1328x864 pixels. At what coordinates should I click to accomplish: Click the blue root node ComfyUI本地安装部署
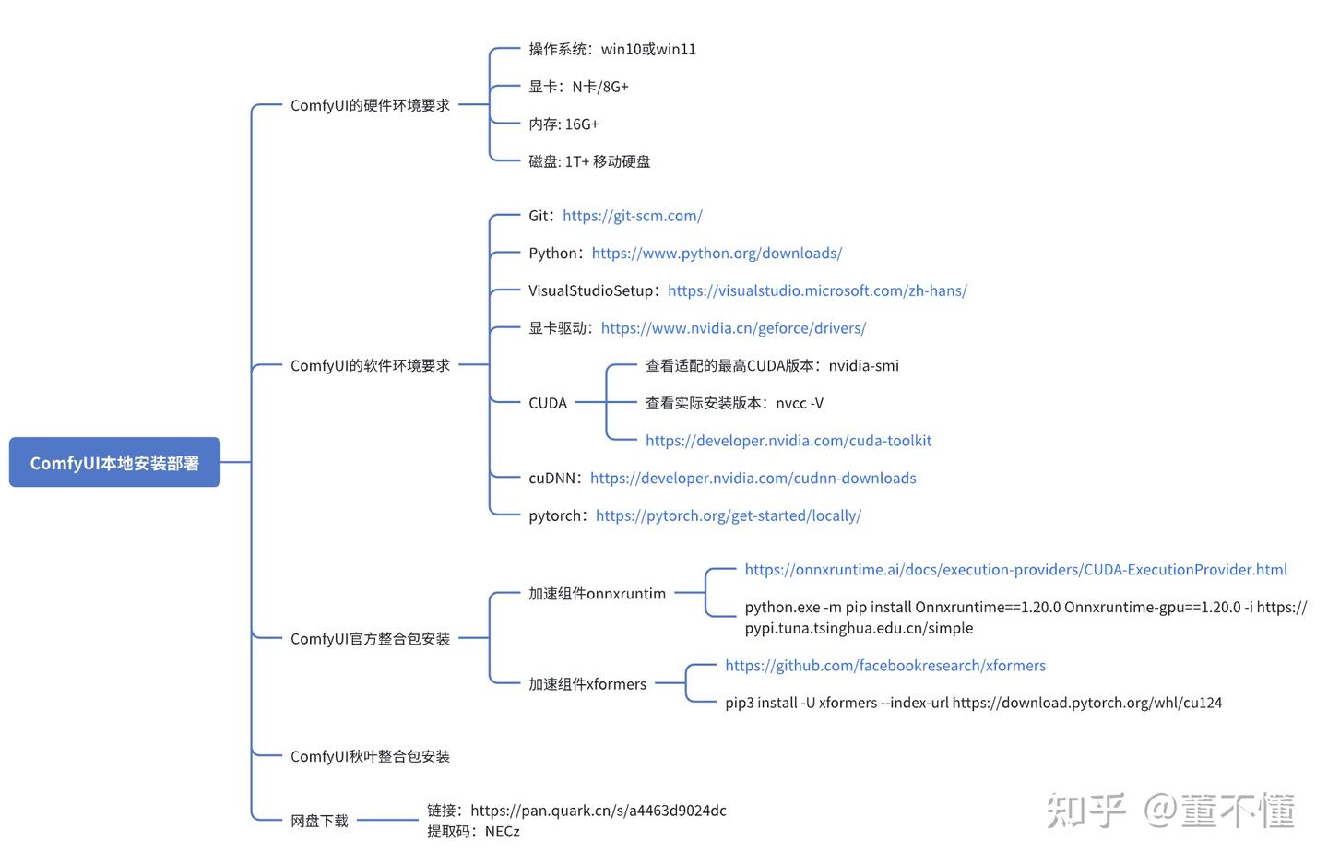point(114,462)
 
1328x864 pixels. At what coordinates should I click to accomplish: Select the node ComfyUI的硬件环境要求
point(370,105)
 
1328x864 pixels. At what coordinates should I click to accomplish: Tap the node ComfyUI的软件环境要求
point(370,365)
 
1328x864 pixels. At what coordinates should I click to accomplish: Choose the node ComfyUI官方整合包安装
point(370,638)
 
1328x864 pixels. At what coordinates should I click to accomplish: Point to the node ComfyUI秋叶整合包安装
point(370,756)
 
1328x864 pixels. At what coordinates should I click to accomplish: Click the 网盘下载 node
point(319,820)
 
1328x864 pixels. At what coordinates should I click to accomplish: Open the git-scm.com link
point(633,216)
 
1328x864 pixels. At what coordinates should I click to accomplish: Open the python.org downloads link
point(717,253)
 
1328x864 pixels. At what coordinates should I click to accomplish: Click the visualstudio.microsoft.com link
point(817,290)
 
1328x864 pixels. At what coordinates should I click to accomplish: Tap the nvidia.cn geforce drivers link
point(733,328)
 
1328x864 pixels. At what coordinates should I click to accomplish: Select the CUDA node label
point(548,403)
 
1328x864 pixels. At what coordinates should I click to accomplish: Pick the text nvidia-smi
point(863,365)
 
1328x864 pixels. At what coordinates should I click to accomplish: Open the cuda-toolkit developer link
point(788,441)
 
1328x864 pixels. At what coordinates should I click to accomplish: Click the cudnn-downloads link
point(753,478)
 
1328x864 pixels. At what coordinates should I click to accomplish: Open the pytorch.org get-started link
point(729,515)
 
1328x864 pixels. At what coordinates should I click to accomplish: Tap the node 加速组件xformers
point(587,684)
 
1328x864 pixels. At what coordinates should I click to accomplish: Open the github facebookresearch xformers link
point(885,665)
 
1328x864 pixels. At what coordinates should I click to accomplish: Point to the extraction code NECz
point(503,831)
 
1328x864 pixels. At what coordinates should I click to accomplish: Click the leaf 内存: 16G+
point(563,124)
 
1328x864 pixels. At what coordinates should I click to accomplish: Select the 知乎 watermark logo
point(1085,811)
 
